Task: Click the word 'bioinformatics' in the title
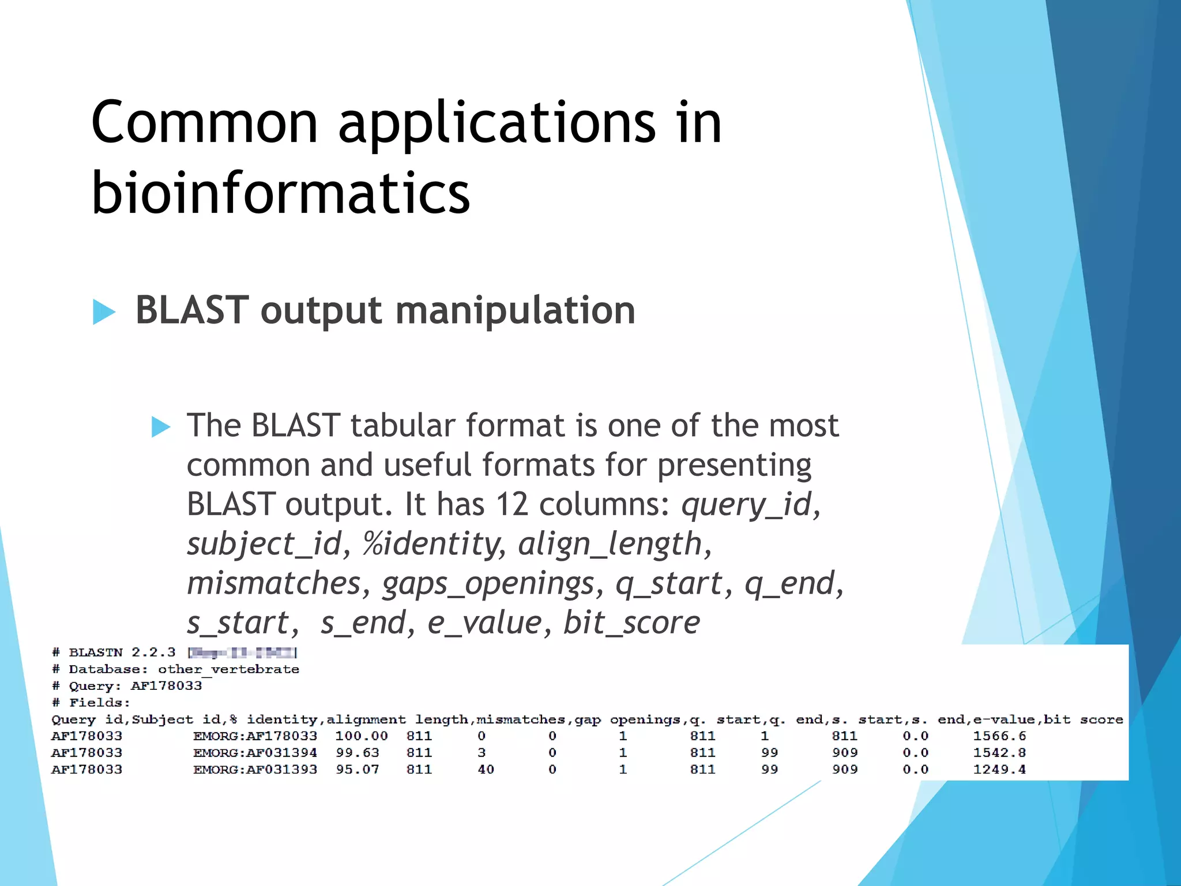coord(281,193)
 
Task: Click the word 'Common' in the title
coord(205,122)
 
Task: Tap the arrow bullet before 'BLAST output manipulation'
coord(104,312)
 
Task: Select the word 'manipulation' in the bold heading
coord(515,311)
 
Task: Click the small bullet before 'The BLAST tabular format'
coord(160,427)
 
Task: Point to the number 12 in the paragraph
coord(512,504)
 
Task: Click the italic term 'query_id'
coord(746,505)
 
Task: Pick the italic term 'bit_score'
coord(631,623)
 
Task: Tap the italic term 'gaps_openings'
coord(488,583)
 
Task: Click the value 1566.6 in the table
coord(999,736)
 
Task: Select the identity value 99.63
coord(358,753)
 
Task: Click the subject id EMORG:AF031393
coord(255,769)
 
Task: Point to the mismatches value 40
coord(486,769)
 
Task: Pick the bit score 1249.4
coord(999,769)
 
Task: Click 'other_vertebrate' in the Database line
coord(228,669)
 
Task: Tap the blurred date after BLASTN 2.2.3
coord(242,653)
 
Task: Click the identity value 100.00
coord(361,736)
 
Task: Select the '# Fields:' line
coord(91,703)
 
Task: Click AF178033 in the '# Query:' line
coord(166,686)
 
